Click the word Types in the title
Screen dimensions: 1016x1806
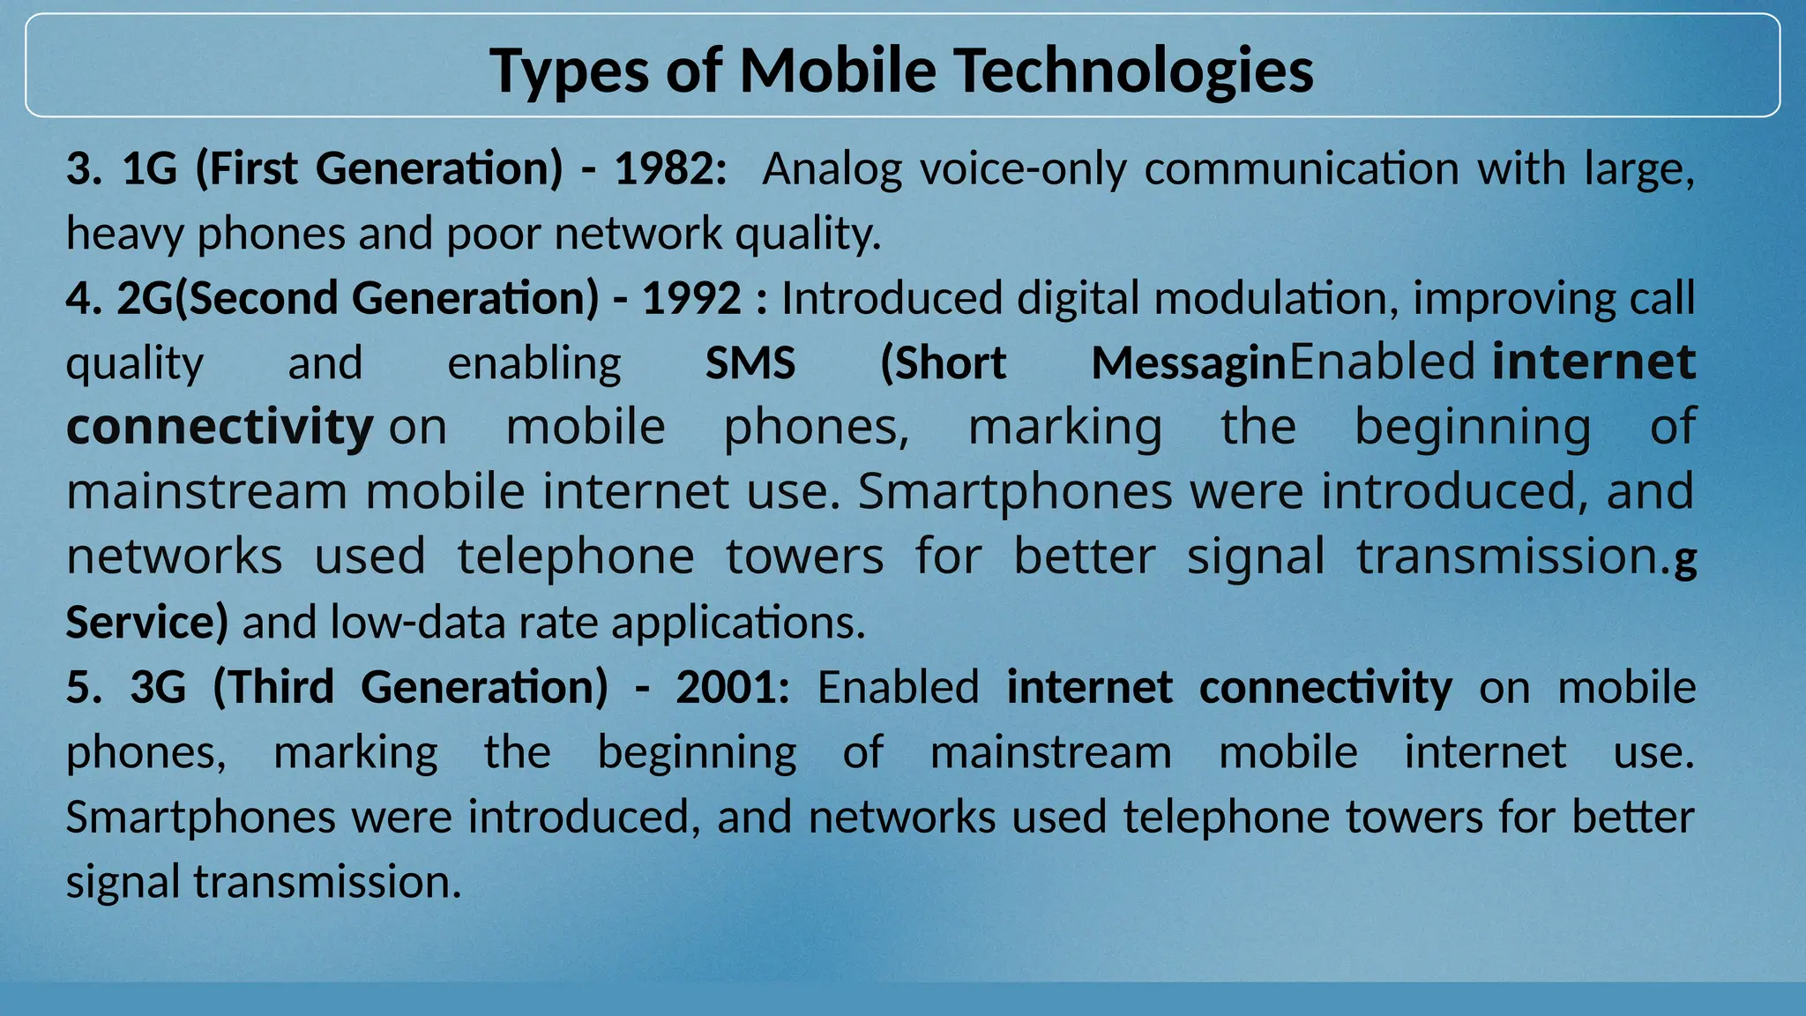point(569,71)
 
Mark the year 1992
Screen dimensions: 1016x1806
point(691,298)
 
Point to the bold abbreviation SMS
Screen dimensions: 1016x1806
point(750,362)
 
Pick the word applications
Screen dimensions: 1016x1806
point(738,622)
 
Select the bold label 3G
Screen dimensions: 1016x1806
point(159,687)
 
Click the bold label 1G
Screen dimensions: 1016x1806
point(150,168)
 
